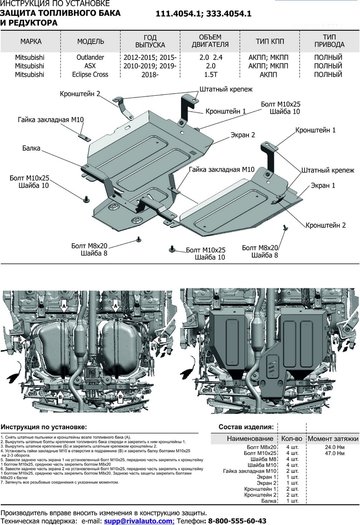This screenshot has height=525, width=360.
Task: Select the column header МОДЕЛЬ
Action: coord(91,42)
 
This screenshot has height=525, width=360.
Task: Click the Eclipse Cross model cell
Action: coord(91,74)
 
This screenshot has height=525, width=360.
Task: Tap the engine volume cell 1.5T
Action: coord(210,74)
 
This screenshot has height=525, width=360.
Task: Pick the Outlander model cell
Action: coord(91,57)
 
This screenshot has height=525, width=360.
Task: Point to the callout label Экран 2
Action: coord(243,135)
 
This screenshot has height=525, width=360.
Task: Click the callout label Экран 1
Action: coord(323,185)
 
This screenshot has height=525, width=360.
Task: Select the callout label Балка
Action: coord(31,149)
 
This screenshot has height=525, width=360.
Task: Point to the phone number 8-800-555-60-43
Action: coord(238,521)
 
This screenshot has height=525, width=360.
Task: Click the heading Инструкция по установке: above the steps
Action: coord(44,427)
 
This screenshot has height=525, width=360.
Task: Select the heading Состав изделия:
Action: coord(246,427)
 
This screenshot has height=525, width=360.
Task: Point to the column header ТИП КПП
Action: coord(270,42)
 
